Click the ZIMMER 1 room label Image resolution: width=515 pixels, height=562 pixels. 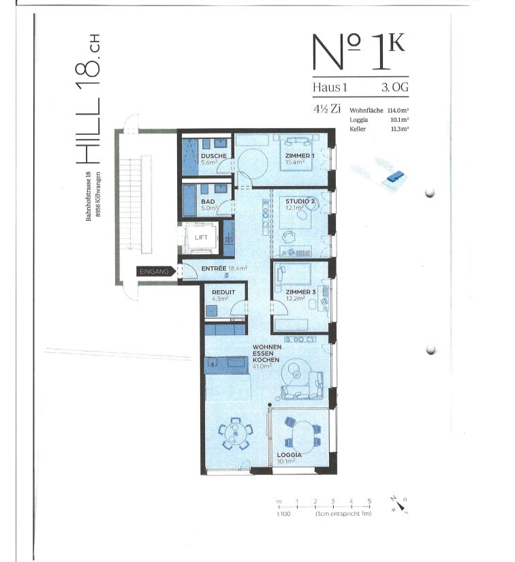pyautogui.click(x=299, y=156)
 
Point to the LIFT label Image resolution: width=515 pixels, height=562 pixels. pyautogui.click(x=201, y=236)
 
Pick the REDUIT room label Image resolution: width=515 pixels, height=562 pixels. pyautogui.click(x=223, y=292)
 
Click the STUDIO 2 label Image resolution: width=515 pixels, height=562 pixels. pyautogui.click(x=299, y=202)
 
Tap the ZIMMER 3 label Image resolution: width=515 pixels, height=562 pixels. pyautogui.click(x=300, y=292)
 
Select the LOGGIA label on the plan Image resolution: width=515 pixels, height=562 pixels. pyautogui.click(x=290, y=454)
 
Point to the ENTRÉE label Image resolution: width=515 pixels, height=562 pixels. pyautogui.click(x=213, y=268)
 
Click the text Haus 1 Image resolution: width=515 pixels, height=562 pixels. pyautogui.click(x=330, y=87)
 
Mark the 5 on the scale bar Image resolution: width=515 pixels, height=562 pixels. pyautogui.click(x=369, y=501)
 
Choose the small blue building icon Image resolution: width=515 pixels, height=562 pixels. pyautogui.click(x=394, y=177)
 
